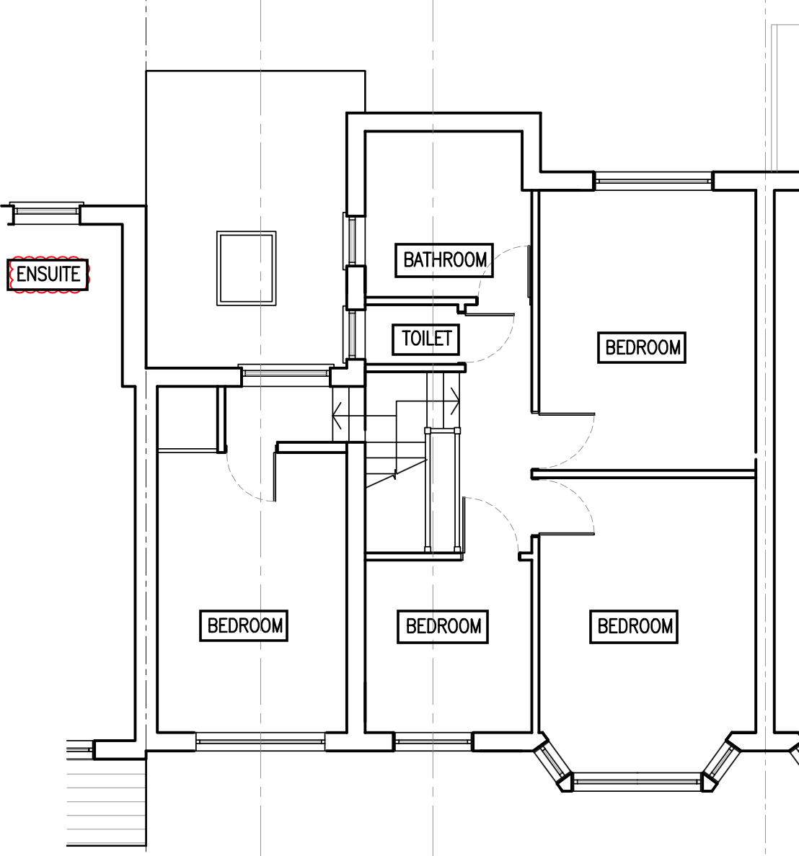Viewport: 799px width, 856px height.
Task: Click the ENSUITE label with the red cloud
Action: (48, 274)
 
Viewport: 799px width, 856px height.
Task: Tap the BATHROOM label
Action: (444, 260)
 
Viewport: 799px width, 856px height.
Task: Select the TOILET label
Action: (426, 339)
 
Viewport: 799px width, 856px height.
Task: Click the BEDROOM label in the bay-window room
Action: (634, 626)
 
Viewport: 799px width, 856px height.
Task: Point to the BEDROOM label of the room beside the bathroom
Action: (642, 347)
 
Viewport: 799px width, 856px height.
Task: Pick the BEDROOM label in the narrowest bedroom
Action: (443, 626)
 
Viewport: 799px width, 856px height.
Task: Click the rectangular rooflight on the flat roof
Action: (247, 268)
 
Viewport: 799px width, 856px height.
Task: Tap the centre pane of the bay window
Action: (637, 782)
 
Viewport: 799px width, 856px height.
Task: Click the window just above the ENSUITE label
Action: (46, 210)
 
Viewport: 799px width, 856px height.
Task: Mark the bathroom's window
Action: (353, 240)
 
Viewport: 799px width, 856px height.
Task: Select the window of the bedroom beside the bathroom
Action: (653, 181)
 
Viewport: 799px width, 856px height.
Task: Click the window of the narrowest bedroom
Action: (433, 741)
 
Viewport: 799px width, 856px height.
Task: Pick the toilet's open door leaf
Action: (489, 315)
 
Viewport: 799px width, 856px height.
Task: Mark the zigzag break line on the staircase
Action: (396, 473)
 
